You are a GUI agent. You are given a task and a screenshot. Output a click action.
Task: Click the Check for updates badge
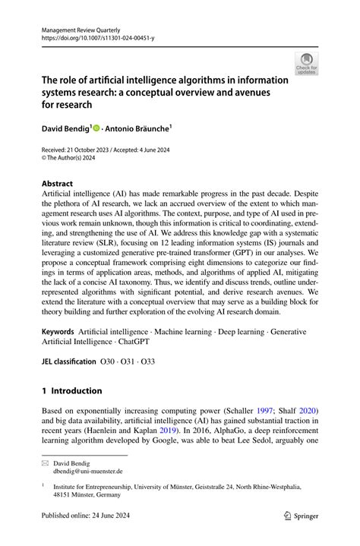pyautogui.click(x=306, y=65)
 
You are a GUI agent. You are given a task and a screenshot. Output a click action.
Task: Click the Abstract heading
pyautogui.click(x=58, y=183)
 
